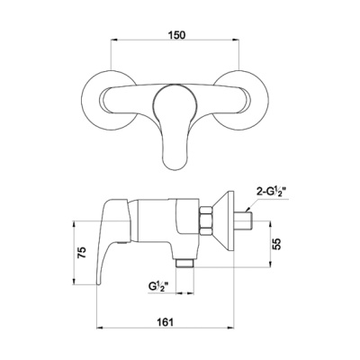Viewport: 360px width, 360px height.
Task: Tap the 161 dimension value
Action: tap(165, 322)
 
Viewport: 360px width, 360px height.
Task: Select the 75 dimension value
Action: tap(82, 252)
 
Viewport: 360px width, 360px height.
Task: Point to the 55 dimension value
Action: tap(277, 244)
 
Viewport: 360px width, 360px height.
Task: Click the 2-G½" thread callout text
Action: tap(271, 193)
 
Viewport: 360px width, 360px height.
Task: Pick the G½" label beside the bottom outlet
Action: tap(157, 286)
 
